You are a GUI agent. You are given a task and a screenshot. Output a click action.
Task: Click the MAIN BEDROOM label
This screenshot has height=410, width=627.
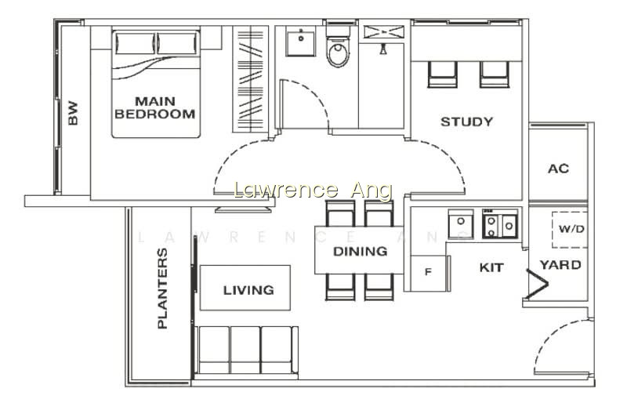tap(154, 107)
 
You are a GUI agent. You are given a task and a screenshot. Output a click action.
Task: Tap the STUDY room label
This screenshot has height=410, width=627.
tap(466, 122)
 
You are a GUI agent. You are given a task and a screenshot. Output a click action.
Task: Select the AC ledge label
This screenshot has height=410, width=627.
tap(558, 169)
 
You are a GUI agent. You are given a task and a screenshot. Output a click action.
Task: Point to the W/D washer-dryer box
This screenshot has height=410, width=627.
tap(571, 230)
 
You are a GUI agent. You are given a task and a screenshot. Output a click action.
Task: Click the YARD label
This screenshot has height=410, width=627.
tap(560, 265)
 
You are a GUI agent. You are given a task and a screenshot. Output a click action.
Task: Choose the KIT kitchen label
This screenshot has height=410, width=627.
tap(491, 267)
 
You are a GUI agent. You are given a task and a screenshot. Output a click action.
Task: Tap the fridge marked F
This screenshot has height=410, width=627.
tap(428, 273)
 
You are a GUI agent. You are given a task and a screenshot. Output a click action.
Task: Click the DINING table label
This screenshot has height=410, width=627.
tap(360, 251)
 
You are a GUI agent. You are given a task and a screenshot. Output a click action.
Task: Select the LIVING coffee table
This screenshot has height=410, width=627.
tap(245, 288)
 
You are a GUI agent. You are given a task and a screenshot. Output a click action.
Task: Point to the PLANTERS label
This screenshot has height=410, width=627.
tap(162, 288)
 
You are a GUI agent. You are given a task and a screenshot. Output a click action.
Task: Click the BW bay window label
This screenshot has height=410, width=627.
tap(73, 113)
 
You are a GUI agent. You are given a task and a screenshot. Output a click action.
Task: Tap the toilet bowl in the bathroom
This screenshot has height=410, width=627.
tap(339, 51)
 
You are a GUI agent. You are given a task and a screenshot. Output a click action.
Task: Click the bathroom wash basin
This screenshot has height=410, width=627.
tap(301, 42)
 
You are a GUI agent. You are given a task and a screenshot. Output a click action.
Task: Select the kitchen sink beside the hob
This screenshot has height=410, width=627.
tap(461, 223)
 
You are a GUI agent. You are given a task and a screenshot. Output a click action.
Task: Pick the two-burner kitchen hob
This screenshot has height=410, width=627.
tap(500, 223)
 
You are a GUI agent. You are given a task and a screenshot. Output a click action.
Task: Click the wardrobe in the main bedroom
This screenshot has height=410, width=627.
tap(250, 79)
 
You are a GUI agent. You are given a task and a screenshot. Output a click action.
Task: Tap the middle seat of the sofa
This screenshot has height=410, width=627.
tap(245, 350)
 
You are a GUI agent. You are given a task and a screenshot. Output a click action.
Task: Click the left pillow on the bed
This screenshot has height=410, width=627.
tap(135, 43)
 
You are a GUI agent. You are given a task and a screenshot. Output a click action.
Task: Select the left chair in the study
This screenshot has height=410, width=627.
tap(442, 74)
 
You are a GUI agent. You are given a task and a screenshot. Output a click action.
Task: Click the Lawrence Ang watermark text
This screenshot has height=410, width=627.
tap(312, 190)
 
